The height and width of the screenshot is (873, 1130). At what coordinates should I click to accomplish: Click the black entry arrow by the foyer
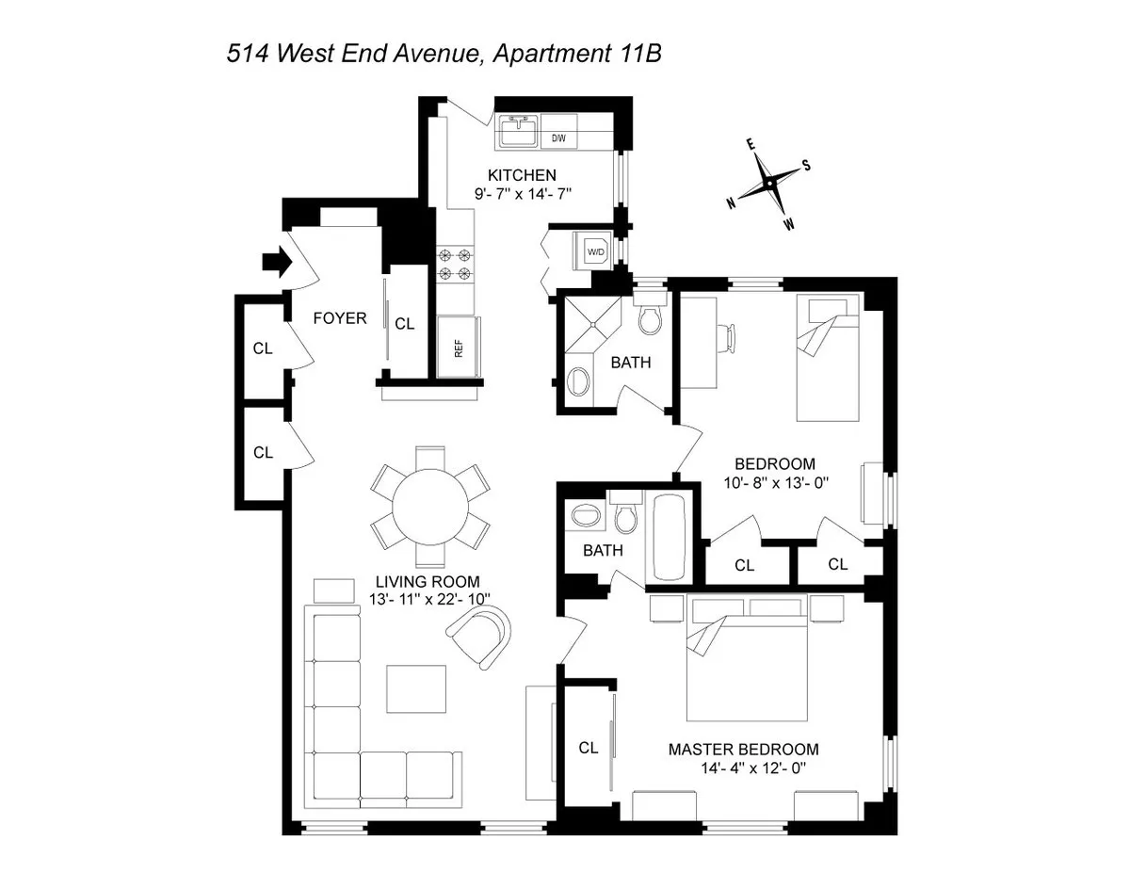pyautogui.click(x=272, y=263)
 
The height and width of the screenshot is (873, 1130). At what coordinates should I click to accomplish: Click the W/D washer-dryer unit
pyautogui.click(x=596, y=252)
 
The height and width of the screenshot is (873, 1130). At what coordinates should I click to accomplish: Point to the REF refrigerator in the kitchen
pyautogui.click(x=459, y=348)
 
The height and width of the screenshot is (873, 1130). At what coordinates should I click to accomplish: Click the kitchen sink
pyautogui.click(x=517, y=132)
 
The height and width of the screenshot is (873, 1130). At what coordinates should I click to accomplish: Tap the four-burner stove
pyautogui.click(x=453, y=265)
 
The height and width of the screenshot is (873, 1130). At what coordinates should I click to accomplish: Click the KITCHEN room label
pyautogui.click(x=522, y=175)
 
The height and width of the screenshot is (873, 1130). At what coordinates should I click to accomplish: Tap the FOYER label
pyautogui.click(x=340, y=318)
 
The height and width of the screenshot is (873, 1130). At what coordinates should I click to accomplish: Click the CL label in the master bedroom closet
pyautogui.click(x=589, y=748)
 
